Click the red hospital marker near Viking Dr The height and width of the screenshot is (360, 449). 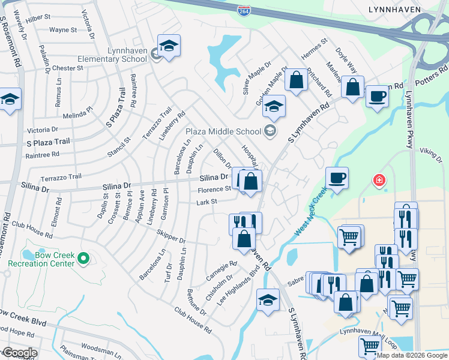pos(378,179)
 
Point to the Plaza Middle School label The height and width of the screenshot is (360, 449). pos(223,131)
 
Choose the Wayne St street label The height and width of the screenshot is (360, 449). pos(63,29)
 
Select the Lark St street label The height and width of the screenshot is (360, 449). pos(206,202)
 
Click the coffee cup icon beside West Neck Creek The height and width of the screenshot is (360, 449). pos(337,178)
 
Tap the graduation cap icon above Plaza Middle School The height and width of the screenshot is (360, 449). pos(274,106)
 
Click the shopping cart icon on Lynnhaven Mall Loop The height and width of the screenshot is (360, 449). pos(370,346)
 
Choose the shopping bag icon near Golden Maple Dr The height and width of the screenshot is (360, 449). pos(296,79)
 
